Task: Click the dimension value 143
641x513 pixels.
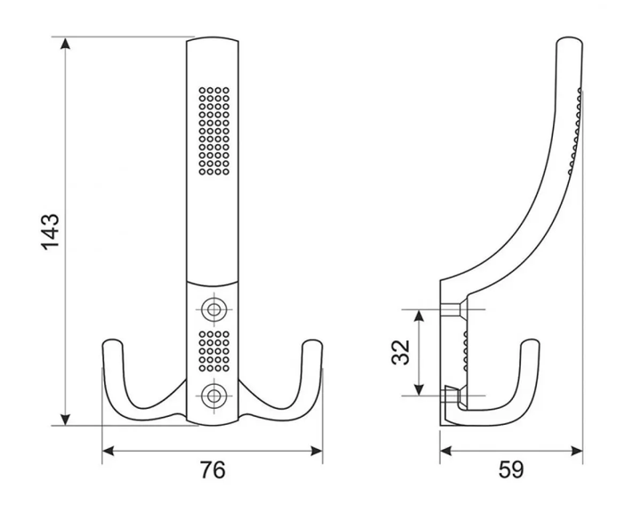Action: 50,232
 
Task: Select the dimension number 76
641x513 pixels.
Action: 213,469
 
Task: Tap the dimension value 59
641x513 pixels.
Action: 511,469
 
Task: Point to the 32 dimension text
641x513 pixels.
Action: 401,352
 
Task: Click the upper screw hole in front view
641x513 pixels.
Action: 214,309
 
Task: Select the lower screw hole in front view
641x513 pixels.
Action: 214,395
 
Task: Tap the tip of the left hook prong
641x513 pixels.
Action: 112,340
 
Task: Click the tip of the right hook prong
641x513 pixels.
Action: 312,340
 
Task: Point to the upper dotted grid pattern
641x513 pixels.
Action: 214,131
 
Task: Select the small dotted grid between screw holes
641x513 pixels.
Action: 214,352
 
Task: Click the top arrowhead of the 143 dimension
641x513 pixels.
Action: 65,43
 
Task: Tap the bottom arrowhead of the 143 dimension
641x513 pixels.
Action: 65,419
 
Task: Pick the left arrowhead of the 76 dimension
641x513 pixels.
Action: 108,452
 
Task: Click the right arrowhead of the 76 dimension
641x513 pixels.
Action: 317,452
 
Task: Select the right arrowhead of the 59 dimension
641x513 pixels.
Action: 577,452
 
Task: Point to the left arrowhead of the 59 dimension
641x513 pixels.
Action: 446,452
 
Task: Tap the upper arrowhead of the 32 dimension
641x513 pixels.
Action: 418,315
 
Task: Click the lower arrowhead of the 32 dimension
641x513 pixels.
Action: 418,389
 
